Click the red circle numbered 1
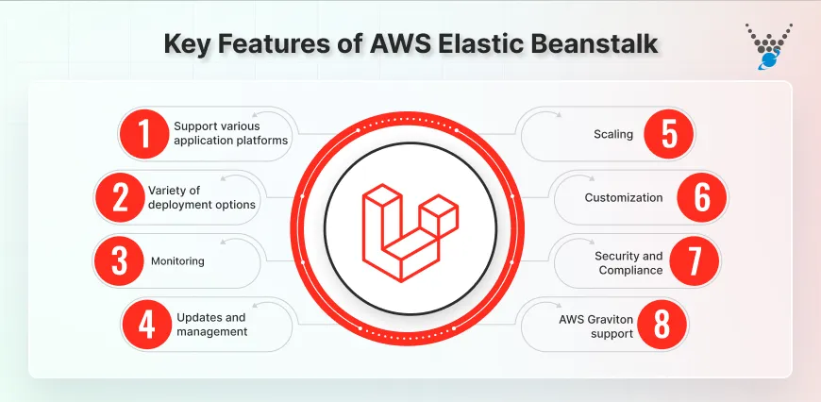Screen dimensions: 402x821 [144, 133]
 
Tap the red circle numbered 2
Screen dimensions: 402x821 [119, 196]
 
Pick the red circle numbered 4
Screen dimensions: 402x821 [145, 324]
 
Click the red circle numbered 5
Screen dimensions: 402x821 [669, 134]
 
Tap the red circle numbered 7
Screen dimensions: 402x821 [695, 261]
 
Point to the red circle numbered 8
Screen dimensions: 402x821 [664, 325]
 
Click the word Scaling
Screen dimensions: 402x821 [613, 134]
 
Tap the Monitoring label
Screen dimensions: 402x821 [177, 260]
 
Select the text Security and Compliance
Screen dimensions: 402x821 [628, 262]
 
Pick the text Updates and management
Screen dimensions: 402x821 [211, 324]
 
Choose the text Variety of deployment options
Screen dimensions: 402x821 [201, 197]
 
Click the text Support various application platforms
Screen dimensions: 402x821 [230, 133]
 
